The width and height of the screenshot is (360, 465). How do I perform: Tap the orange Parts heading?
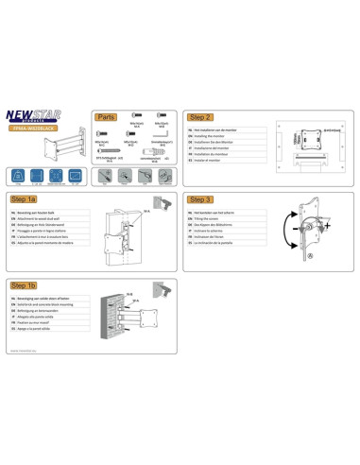pyautogui.click(x=106, y=118)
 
